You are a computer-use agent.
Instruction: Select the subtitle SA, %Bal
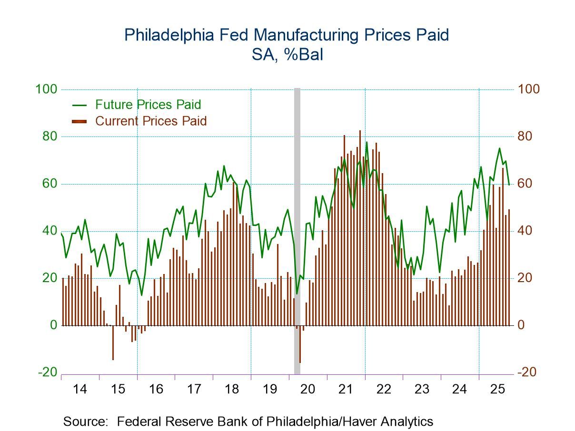[287, 55]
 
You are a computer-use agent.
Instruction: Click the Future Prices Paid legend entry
[148, 105]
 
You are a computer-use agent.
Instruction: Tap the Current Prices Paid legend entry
[151, 121]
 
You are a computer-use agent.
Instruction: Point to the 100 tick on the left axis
[46, 89]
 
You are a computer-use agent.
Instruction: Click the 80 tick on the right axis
[528, 137]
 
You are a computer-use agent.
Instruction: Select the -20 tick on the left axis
[47, 372]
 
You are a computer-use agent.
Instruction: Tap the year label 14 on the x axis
[80, 390]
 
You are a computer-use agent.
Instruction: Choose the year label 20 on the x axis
[308, 390]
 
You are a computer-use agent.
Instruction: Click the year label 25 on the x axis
[497, 390]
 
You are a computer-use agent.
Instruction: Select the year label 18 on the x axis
[232, 390]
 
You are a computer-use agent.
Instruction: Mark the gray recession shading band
[297, 228]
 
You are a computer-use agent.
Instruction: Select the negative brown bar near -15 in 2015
[113, 343]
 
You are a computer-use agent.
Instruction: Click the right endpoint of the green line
[509, 185]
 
